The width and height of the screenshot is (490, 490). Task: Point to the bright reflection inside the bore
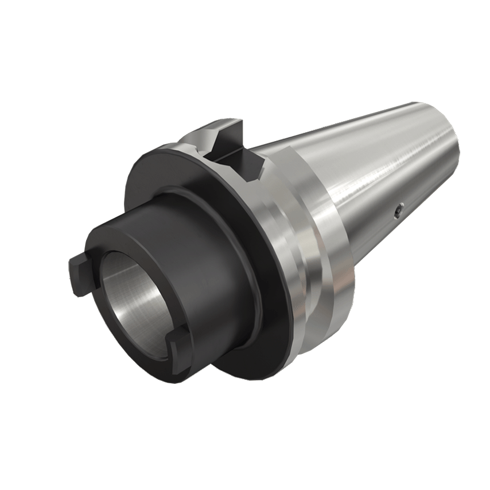tap(150, 304)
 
